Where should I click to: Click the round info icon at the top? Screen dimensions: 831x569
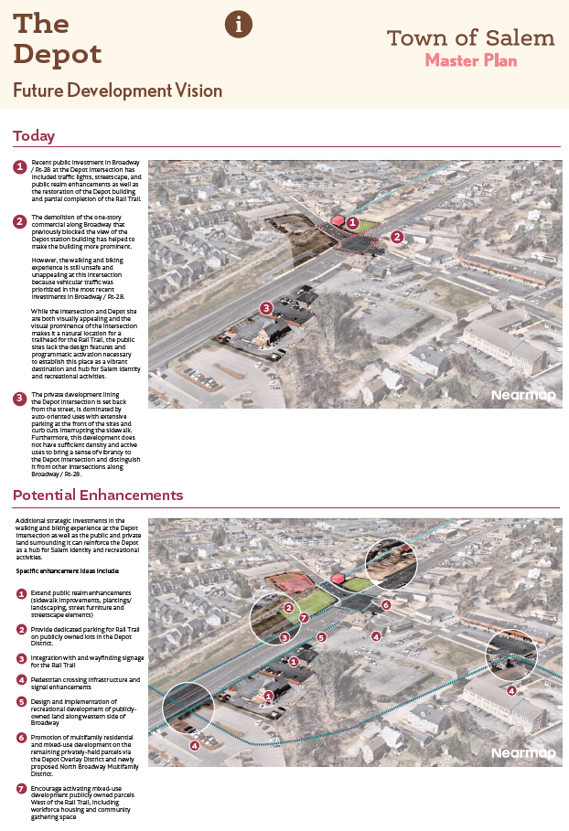click(239, 25)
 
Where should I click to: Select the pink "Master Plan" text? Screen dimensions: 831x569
click(471, 61)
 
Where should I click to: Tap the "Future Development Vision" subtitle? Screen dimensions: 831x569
click(117, 91)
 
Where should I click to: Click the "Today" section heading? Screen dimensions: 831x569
click(34, 136)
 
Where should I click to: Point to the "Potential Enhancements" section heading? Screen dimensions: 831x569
click(98, 495)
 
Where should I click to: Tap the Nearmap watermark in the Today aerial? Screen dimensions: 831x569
click(522, 395)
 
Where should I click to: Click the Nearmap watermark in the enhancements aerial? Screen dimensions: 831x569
click(522, 753)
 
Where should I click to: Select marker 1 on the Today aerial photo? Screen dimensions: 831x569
click(352, 222)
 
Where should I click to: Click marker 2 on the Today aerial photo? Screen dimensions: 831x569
click(397, 236)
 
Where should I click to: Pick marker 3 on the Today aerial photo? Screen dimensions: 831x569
click(265, 308)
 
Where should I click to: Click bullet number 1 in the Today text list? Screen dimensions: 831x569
click(19, 167)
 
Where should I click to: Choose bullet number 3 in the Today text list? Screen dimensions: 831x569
click(19, 399)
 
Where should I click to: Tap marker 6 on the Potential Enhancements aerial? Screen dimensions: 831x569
click(386, 604)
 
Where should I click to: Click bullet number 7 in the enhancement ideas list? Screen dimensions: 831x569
click(21, 788)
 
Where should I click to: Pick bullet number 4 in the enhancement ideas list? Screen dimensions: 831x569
click(21, 680)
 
